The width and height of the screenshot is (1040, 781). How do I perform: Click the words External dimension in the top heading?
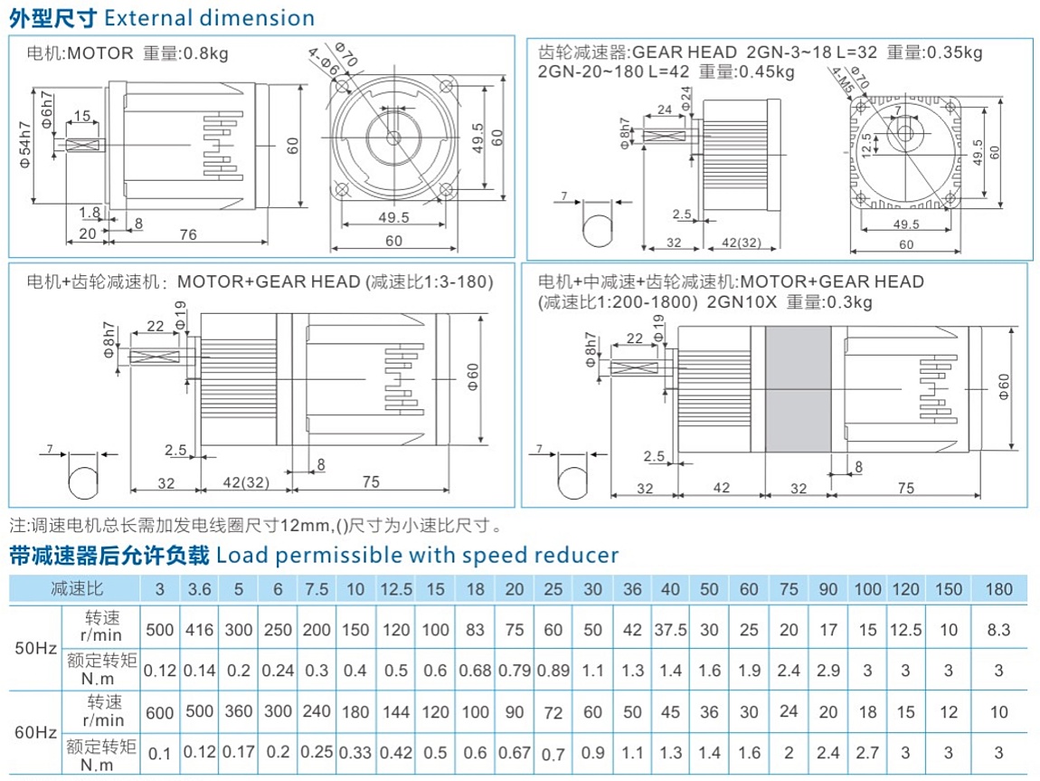point(210,18)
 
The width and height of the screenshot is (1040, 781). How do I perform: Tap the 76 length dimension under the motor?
point(187,234)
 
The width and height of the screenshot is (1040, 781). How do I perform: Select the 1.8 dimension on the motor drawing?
point(90,213)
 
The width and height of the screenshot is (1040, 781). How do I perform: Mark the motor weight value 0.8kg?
point(208,52)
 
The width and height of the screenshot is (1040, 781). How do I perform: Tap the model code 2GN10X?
point(739,302)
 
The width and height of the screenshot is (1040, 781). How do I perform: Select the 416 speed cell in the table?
point(198,630)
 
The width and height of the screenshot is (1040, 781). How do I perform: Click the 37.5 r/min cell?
point(670,630)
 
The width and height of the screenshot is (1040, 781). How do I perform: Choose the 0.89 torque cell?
point(553,671)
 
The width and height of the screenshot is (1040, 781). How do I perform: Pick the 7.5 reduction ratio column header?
point(317,590)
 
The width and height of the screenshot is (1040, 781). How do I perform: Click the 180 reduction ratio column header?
point(998,590)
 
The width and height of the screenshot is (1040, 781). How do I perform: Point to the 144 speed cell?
point(395,712)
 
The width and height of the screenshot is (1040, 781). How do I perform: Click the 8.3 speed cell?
point(998,630)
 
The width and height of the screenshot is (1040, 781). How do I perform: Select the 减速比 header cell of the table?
point(77,590)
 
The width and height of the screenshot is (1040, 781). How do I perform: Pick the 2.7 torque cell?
point(866,752)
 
